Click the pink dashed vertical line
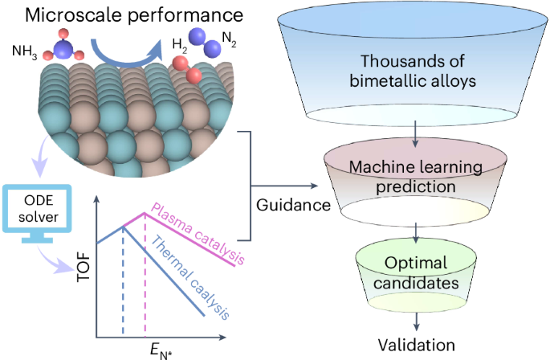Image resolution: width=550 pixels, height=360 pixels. [x=145, y=273]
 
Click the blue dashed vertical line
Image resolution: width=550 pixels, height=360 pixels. [x=122, y=281]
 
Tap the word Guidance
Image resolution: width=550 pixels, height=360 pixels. [x=292, y=205]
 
